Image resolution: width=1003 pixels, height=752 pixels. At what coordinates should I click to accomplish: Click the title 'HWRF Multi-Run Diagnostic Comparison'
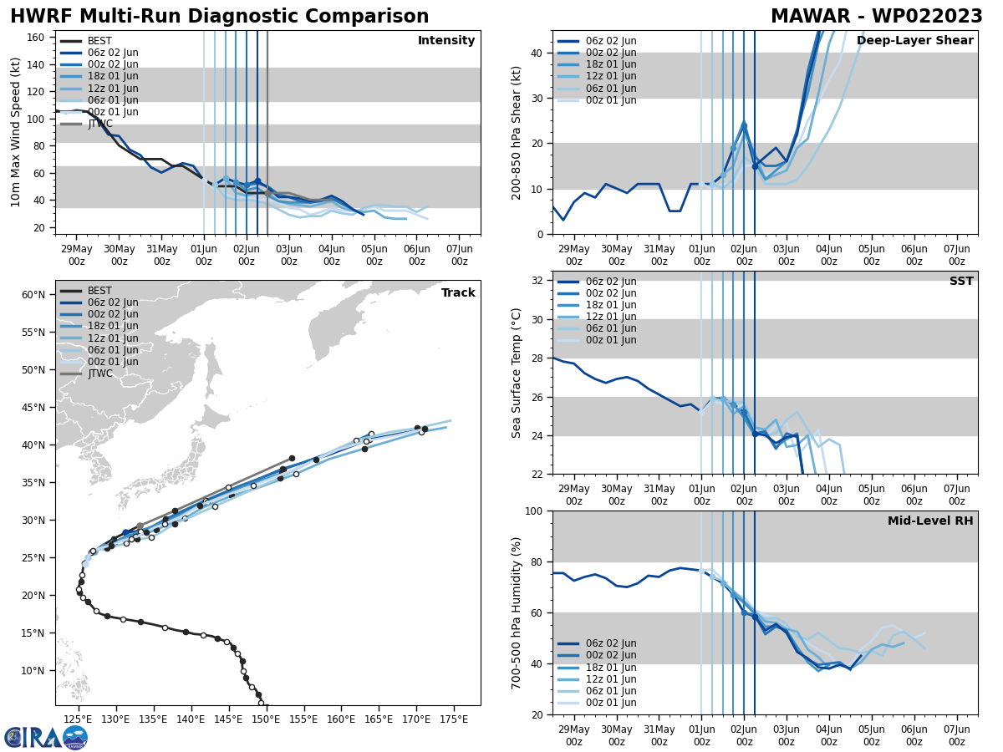219,17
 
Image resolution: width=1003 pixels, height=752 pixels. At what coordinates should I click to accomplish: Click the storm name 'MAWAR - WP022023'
876,17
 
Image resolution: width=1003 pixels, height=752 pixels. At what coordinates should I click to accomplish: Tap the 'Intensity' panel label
446,41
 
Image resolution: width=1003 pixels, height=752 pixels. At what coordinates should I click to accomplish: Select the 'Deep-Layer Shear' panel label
914,41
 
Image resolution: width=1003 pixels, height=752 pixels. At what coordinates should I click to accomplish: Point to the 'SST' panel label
961,282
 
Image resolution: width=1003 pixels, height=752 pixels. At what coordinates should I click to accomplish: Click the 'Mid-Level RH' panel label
930,521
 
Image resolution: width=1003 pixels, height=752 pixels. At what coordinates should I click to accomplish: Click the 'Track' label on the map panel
458,293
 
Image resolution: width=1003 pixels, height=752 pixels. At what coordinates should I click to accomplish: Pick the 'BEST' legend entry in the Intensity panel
99,41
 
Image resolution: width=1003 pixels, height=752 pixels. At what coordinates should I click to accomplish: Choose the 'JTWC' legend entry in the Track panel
99,373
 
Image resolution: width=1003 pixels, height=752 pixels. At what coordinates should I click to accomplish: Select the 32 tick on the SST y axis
538,281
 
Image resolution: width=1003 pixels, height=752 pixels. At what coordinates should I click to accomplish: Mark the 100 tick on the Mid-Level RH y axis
535,511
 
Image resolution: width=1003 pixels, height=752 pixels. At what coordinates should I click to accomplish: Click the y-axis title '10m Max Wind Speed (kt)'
16,132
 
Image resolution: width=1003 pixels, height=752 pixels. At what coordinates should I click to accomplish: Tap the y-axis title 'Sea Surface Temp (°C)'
517,373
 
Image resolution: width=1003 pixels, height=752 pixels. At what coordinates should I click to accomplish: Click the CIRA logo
46,738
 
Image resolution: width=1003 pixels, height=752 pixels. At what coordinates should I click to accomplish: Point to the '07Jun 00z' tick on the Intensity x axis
460,254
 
